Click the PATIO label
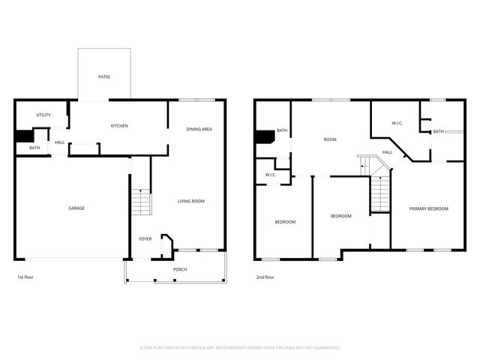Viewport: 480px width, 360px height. coord(104,76)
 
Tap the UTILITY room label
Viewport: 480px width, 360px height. coord(43,115)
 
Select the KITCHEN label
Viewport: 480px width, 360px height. coord(119,125)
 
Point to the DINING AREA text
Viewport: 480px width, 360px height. coord(199,129)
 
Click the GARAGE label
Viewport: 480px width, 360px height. coord(76,208)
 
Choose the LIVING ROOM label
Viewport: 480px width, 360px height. coord(191,201)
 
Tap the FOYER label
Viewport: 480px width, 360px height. coord(145,238)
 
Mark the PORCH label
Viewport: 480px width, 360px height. coord(180,269)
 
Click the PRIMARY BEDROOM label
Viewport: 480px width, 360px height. coord(428,208)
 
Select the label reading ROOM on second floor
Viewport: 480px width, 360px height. coord(329,139)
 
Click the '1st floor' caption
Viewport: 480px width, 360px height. coord(25,277)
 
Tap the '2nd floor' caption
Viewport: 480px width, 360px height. coord(265,277)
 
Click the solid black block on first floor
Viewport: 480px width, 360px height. coord(24,136)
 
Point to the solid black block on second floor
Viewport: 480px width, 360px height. coord(265,137)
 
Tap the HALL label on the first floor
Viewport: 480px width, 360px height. coord(59,142)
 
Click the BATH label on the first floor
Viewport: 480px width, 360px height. coord(34,148)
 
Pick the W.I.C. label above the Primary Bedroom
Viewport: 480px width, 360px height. coord(397,123)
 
